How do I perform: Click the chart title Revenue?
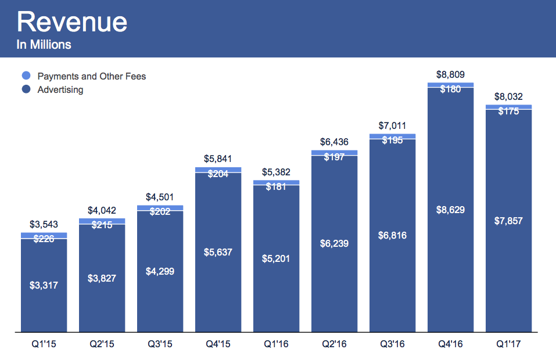click(x=72, y=22)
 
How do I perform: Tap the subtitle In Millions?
click(x=44, y=44)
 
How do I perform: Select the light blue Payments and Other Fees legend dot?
click(x=26, y=76)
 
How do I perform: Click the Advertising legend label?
click(x=60, y=90)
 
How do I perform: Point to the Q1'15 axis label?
click(x=44, y=344)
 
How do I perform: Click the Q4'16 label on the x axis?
click(x=450, y=344)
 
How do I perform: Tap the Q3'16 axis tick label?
click(x=392, y=344)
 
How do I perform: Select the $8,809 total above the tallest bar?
click(x=450, y=75)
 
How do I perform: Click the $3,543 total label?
click(x=44, y=225)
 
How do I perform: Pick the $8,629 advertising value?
click(x=450, y=210)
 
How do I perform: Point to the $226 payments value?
click(x=44, y=238)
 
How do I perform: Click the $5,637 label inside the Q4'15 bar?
click(x=218, y=252)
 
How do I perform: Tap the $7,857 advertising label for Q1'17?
click(x=508, y=221)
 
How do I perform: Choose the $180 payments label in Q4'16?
click(x=450, y=89)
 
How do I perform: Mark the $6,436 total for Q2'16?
click(x=334, y=142)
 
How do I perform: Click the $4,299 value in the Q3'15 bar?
click(x=160, y=271)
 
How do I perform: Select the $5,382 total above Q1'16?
click(x=276, y=172)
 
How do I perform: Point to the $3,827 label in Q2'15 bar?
click(x=102, y=278)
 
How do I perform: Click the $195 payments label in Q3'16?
click(x=392, y=141)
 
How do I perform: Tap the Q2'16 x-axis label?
click(x=334, y=344)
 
